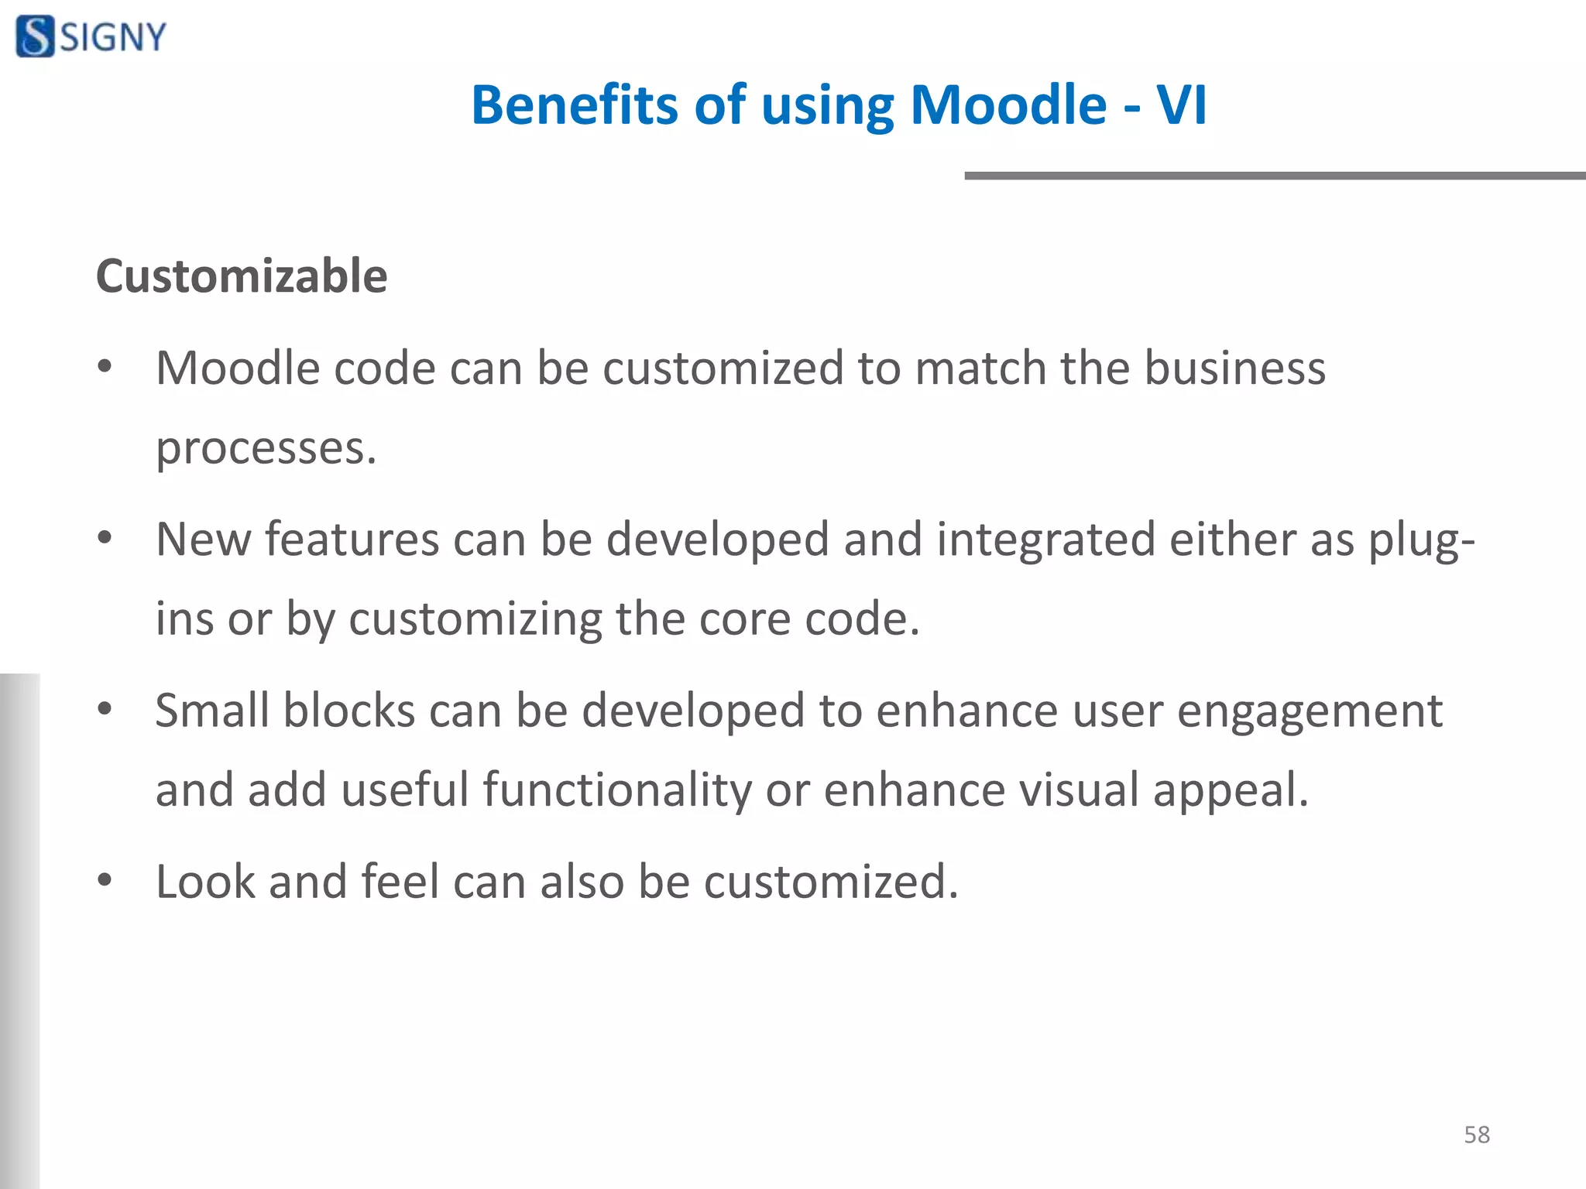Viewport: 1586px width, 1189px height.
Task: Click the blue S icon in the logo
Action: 35,36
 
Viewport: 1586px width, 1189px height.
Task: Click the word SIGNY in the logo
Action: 114,37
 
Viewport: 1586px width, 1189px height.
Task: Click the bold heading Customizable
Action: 242,276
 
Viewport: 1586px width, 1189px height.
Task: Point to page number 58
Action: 1477,1135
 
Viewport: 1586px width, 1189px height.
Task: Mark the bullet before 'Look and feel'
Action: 105,880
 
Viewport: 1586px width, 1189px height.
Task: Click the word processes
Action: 266,449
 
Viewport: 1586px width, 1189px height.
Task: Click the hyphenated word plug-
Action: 1422,540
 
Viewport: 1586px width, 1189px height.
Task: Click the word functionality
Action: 617,790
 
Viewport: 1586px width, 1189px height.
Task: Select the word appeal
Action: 1230,791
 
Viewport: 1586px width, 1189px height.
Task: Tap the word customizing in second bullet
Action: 475,619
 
